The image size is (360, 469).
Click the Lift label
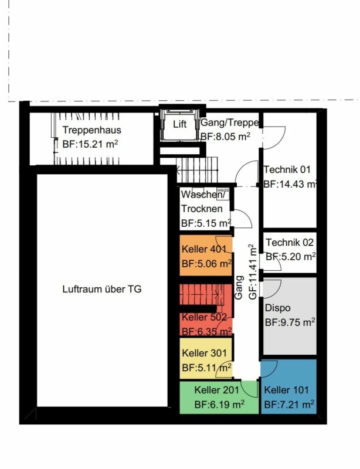tap(179, 125)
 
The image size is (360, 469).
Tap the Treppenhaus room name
tap(91, 130)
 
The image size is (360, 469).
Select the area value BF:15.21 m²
tap(91, 144)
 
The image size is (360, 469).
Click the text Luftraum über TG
tap(102, 289)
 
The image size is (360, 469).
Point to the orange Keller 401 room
tap(205, 257)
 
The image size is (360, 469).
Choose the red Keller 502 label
tap(203, 317)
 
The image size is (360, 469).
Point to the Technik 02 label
tap(290, 242)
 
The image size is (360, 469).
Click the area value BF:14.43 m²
tap(290, 183)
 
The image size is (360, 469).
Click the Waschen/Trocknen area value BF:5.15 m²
tap(206, 223)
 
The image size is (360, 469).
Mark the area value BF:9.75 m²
tap(290, 322)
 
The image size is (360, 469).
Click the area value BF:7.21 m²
tap(289, 405)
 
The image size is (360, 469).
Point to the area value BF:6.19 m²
tap(219, 404)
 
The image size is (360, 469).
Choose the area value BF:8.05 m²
tap(226, 137)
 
